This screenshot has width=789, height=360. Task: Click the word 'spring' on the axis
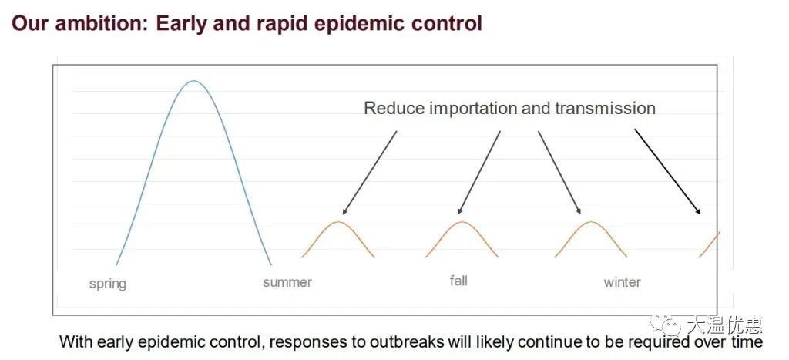point(108,284)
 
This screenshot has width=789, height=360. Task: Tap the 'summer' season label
point(287,282)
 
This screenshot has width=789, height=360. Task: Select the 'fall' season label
point(458,280)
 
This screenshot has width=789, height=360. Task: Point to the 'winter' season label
point(623,282)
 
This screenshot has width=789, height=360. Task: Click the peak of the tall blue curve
point(193,81)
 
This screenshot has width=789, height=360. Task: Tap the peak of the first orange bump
point(338,222)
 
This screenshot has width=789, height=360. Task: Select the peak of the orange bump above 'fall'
point(462,222)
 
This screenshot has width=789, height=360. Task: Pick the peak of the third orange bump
point(591,222)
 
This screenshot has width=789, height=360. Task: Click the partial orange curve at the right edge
point(710,244)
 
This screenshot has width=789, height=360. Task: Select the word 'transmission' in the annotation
point(606,108)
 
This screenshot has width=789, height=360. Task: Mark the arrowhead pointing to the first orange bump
point(344,210)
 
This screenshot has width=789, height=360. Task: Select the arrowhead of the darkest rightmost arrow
point(697,210)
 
